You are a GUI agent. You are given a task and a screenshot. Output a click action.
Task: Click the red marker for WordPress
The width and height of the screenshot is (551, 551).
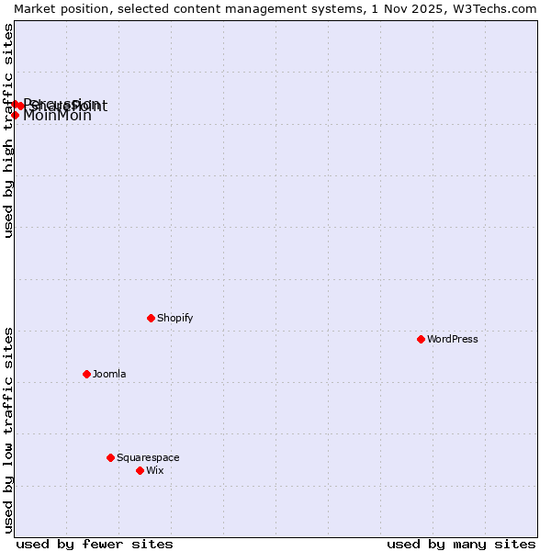point(421,339)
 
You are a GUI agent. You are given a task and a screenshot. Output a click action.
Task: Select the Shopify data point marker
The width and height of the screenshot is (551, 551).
point(151,318)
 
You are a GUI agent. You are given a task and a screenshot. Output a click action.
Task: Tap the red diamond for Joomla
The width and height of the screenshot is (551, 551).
point(86,374)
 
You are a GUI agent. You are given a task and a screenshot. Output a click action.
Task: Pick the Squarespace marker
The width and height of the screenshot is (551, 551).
point(110,457)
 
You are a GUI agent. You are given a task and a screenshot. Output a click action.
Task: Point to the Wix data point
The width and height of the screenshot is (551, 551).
point(140,470)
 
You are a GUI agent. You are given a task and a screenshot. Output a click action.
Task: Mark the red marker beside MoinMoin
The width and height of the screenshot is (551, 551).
point(15,115)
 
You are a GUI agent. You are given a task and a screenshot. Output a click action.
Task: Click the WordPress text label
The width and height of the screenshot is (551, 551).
point(452,339)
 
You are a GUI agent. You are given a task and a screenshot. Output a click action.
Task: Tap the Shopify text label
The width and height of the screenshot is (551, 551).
point(174,318)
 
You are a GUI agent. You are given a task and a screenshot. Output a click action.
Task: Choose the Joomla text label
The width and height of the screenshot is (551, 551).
point(109,374)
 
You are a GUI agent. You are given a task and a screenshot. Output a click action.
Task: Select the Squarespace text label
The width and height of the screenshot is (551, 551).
point(148,457)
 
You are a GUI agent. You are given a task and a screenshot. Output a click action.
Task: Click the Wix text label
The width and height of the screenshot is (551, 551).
point(154,470)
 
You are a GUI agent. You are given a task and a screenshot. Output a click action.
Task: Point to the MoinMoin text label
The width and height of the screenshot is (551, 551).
point(57,116)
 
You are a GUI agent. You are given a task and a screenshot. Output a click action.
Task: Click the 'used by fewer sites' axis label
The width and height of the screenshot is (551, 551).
point(95,544)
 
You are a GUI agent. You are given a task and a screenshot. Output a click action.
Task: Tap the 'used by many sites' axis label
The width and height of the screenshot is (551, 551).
point(461,544)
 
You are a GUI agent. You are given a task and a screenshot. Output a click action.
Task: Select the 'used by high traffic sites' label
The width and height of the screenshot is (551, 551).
point(8,130)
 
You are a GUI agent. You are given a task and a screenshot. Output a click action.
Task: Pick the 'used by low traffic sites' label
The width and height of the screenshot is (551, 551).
point(8,430)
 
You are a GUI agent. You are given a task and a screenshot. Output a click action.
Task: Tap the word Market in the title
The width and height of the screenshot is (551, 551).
point(36,8)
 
